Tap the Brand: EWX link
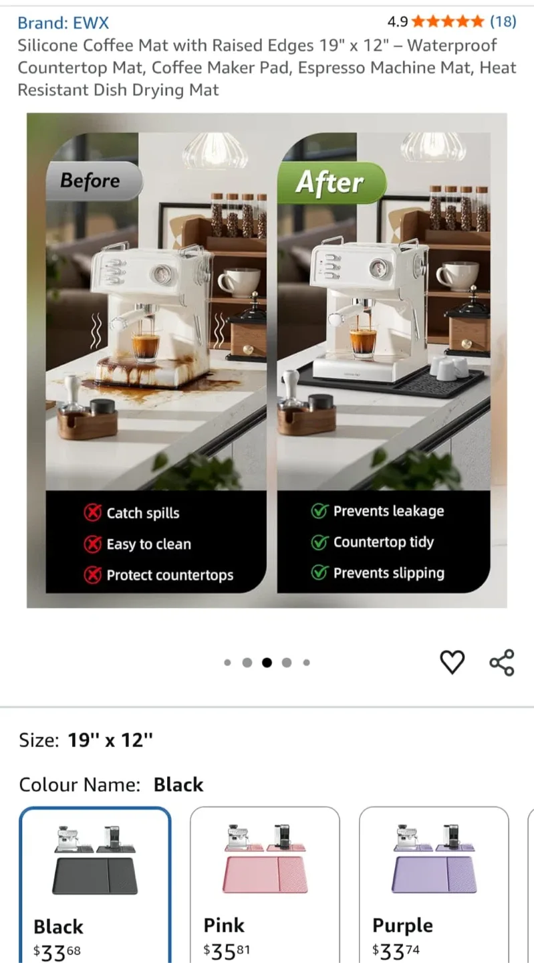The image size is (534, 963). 63,22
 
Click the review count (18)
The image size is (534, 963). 503,21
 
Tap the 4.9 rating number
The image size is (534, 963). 398,21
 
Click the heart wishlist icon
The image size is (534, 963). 452,662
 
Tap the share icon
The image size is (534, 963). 502,662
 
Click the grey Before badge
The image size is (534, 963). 94,181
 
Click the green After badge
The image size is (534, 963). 331,183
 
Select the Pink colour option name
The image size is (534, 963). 224,925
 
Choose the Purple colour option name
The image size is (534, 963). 402,925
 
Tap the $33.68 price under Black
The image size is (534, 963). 57,952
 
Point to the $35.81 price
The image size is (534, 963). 227,952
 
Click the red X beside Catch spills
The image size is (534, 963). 93,512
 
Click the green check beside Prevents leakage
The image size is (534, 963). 319,511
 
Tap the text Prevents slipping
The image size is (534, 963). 389,573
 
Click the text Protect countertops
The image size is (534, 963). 170,575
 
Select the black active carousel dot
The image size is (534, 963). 267,663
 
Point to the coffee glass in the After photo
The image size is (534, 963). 363,341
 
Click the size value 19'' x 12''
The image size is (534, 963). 110,740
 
